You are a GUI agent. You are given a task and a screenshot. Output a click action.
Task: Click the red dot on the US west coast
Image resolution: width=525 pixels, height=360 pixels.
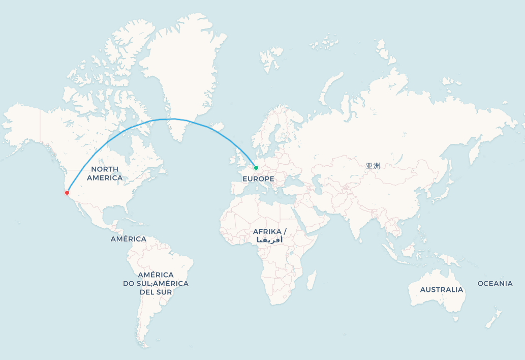pos(67,193)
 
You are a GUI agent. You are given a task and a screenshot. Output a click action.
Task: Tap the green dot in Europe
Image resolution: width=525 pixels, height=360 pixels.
pos(256,168)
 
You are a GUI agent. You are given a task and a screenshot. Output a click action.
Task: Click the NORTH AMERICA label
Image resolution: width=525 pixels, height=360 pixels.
pos(105,173)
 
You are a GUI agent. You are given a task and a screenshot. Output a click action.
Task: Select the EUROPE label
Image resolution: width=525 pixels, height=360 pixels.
pos(258,179)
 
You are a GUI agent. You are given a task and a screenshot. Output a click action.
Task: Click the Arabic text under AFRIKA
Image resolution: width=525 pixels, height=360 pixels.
pos(270,239)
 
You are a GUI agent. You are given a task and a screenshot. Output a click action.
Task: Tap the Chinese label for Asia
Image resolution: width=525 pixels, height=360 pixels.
pos(373,166)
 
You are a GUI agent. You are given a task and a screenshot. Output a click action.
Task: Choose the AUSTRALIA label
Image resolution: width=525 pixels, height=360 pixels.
pos(442,290)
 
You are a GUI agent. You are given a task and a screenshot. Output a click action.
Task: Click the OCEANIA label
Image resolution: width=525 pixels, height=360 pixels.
pos(495,283)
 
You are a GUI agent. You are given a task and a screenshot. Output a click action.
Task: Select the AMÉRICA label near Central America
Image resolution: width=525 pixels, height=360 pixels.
pos(129,239)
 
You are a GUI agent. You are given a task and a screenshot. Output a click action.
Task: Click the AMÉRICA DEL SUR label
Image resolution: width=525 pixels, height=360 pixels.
pos(156,292)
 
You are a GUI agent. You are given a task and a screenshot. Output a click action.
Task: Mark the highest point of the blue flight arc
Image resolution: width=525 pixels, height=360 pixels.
pos(173,119)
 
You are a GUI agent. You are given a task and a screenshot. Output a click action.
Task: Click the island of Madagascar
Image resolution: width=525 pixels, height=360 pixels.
pos(312,280)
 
